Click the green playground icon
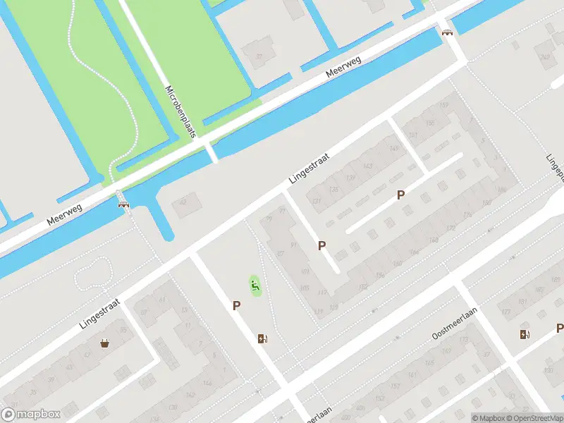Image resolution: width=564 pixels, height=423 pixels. (x=255, y=286)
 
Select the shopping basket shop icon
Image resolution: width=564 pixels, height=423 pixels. (x=105, y=344)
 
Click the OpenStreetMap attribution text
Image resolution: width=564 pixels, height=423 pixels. (x=537, y=418)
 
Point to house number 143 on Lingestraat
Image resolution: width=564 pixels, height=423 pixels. (x=367, y=166)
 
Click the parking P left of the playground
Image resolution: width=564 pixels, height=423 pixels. (x=237, y=305)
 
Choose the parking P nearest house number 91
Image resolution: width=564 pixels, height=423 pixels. (x=321, y=245)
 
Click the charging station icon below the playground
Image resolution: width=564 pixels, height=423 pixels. (x=262, y=339)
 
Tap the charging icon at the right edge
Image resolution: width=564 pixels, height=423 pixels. (x=524, y=334)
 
